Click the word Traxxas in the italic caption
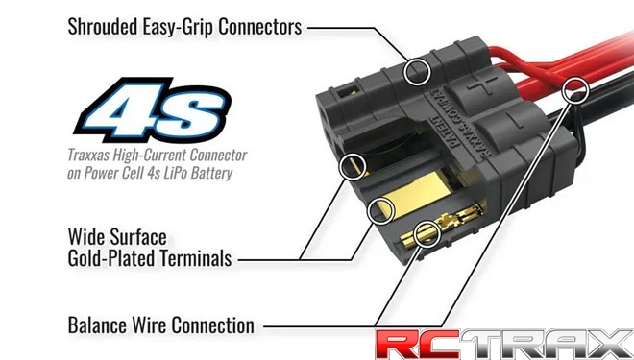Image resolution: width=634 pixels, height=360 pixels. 91,156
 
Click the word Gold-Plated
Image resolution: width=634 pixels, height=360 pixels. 113,257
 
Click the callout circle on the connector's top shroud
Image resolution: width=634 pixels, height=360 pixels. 416,69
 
